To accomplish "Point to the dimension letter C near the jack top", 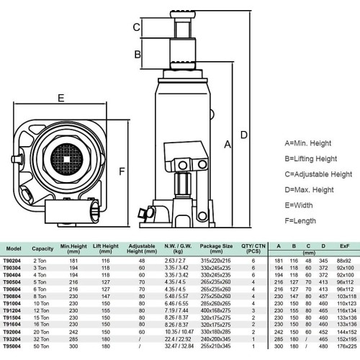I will click(135, 27).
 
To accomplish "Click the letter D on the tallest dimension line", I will click(244, 134).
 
